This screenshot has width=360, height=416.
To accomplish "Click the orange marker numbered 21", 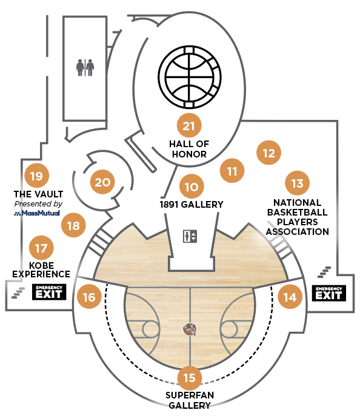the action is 189,125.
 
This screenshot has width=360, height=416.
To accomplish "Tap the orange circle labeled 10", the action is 192,187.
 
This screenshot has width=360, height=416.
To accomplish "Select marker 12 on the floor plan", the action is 268,153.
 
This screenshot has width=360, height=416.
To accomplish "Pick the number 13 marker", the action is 297,183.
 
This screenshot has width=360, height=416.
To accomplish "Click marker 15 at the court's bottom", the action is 189,378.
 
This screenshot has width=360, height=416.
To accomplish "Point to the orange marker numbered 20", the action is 102,182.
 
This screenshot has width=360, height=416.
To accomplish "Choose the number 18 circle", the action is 73,225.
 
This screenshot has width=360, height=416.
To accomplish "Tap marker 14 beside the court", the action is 290,297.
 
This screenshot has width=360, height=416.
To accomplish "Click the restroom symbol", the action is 85,67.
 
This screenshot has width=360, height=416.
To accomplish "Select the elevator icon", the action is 190,236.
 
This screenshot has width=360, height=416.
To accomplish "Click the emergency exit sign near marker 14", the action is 329,293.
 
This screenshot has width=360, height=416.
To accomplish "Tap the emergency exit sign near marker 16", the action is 49,292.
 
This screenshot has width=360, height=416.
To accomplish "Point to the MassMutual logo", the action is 37,213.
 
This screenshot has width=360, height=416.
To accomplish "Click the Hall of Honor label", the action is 189,149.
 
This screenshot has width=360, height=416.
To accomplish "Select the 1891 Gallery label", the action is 192,204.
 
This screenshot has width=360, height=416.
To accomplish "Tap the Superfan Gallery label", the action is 190,400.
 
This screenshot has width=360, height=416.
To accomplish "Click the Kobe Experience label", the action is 41,270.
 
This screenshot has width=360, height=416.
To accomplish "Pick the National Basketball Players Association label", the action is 298,217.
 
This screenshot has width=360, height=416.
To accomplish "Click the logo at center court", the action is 190,330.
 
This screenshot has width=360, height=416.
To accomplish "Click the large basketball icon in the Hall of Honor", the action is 190,77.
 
